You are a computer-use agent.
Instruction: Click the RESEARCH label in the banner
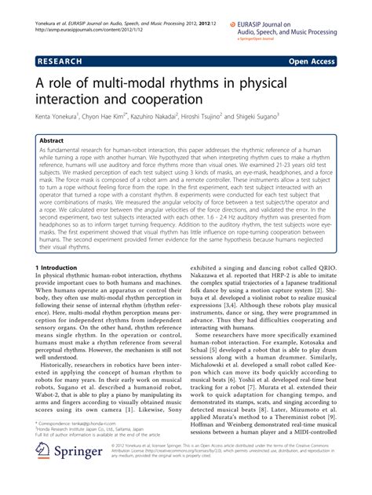pos(62,59)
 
